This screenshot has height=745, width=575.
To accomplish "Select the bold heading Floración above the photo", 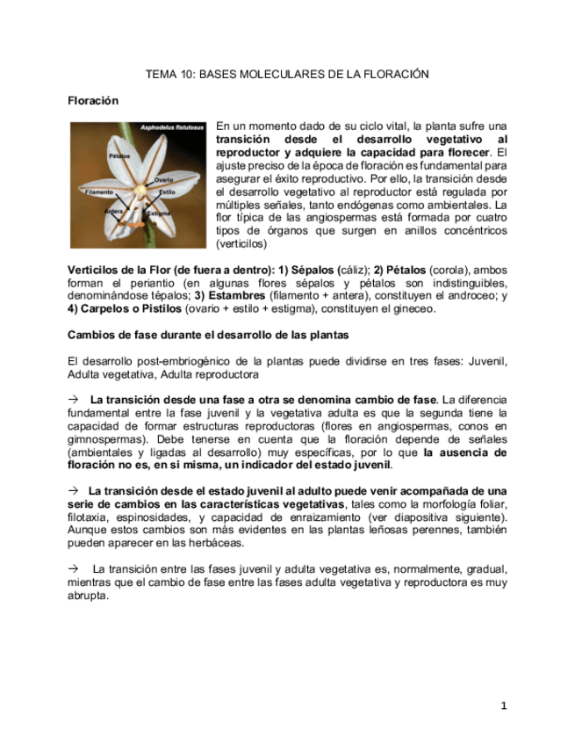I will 93,101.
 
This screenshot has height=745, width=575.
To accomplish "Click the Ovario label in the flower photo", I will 164,180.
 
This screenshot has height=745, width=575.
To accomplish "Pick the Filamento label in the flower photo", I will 98,191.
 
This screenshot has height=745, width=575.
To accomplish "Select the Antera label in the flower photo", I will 113,212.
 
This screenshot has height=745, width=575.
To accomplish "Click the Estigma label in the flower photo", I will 159,213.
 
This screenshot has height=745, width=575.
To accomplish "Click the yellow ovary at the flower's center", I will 140,187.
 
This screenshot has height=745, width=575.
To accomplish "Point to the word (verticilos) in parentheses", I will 241,243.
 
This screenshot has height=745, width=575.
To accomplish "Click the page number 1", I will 504,705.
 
